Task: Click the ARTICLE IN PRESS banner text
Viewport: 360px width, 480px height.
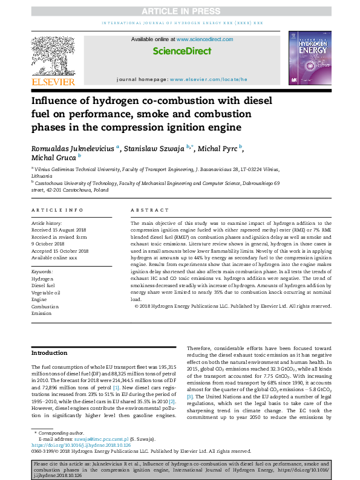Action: tap(180, 10)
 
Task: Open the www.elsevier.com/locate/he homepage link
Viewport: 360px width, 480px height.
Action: tap(208, 79)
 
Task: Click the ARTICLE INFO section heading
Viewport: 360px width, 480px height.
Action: tap(57, 210)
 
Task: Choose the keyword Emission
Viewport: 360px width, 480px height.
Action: tap(42, 314)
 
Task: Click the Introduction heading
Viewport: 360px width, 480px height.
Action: tap(50, 352)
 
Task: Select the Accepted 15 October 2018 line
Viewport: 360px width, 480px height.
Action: tap(60, 251)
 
